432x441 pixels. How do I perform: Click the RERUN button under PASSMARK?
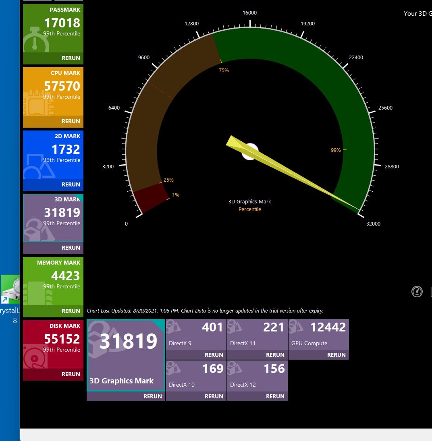tap(71, 58)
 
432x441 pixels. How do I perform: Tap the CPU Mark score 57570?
tap(62, 86)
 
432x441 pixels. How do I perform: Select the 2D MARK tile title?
tap(67, 136)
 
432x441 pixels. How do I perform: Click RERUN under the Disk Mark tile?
tap(71, 374)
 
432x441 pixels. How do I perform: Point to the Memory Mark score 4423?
tap(65, 276)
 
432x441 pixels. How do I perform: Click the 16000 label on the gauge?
tap(250, 13)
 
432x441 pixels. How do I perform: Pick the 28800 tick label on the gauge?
tap(389, 166)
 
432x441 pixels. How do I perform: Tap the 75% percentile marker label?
tap(224, 70)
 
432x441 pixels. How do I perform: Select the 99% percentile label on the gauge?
tap(336, 150)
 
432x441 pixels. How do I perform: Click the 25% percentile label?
tap(168, 180)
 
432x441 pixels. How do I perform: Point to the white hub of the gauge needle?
tap(250, 151)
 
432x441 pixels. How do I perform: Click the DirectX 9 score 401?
tap(212, 327)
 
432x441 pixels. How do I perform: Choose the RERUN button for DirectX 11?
tap(275, 355)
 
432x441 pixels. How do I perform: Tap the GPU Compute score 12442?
tap(328, 327)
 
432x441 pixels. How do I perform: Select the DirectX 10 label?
tap(182, 385)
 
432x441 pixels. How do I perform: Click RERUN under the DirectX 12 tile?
tap(275, 396)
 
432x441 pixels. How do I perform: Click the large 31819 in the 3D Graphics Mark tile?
tap(129, 342)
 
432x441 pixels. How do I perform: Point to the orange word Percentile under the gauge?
tap(250, 209)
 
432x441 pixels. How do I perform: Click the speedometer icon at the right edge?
tap(417, 291)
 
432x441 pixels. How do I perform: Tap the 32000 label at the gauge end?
tap(373, 224)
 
